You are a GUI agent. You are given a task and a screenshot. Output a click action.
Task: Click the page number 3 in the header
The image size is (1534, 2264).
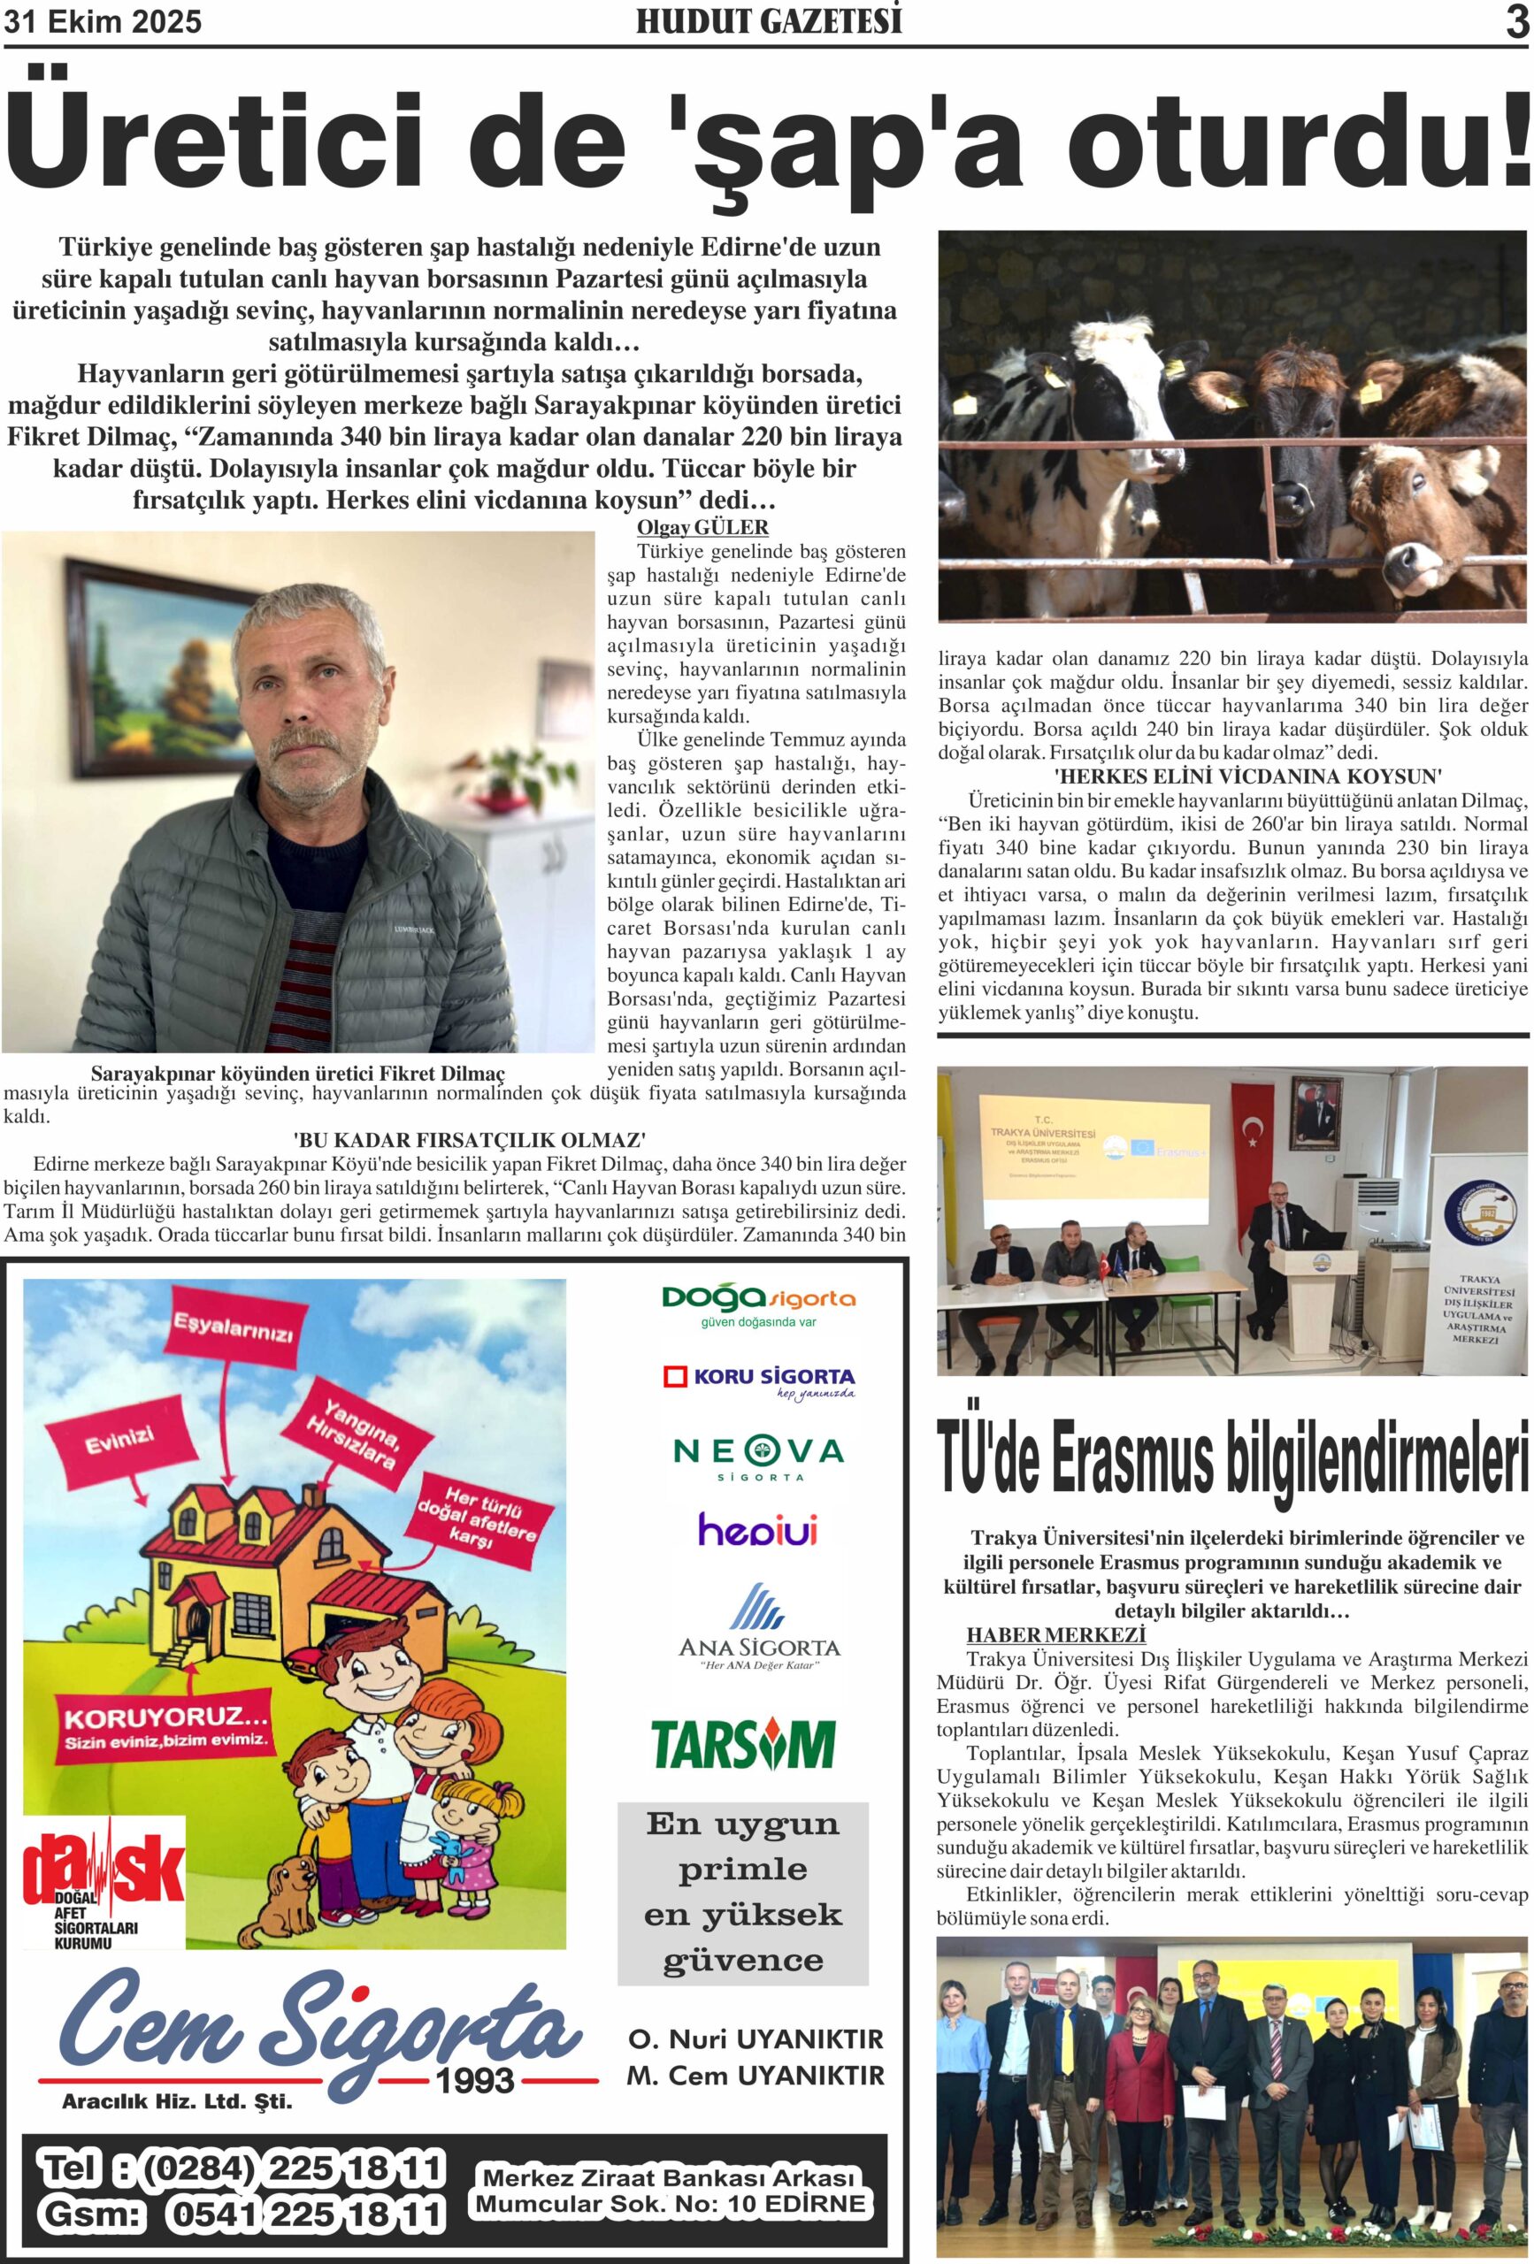pos(1515,21)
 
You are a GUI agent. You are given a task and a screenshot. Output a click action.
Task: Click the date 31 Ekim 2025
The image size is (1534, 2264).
pos(104,21)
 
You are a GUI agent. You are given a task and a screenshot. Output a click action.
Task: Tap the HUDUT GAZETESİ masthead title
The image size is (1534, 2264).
pos(769,21)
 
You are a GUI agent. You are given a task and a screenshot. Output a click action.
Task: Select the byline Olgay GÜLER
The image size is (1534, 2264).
pos(702,527)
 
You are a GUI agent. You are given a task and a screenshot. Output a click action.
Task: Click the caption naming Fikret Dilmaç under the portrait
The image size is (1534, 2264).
pos(297,1074)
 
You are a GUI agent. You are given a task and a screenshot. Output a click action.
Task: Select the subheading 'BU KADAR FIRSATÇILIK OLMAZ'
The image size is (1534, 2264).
pos(470,1140)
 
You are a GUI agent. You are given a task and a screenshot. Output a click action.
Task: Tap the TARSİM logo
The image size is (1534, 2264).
pos(742,1744)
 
